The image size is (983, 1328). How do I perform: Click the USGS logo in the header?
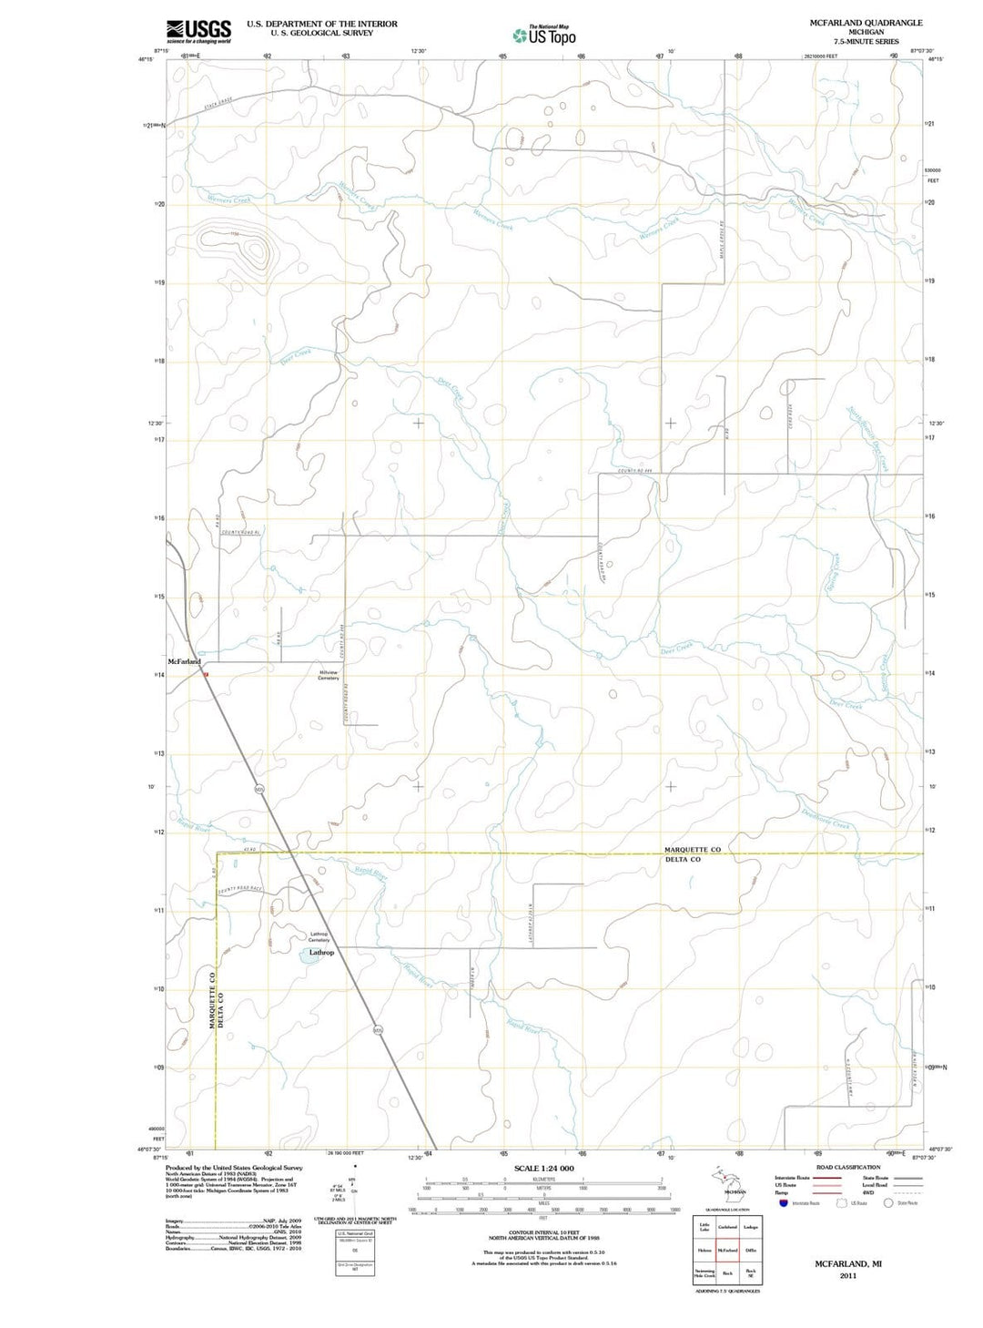[198, 31]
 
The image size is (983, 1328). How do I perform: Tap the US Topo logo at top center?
[544, 36]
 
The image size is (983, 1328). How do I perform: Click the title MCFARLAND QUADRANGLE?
[866, 23]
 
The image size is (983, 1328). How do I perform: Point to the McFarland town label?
[185, 661]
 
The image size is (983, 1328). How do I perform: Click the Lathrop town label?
[321, 953]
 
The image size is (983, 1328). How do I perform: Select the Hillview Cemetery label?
[329, 675]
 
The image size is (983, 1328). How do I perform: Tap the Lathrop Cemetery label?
[319, 936]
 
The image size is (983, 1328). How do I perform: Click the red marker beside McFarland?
[207, 674]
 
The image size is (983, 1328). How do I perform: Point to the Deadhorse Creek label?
[826, 819]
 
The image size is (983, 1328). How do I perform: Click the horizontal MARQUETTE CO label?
[692, 850]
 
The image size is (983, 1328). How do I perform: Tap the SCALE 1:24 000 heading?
[543, 1168]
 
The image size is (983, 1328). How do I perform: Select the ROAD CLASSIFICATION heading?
[848, 1167]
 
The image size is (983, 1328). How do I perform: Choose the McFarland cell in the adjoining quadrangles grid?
[727, 1251]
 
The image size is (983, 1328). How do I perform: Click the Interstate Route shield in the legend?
[783, 1202]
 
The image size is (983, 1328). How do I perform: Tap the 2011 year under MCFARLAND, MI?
[847, 1276]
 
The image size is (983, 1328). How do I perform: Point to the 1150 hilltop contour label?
[235, 234]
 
